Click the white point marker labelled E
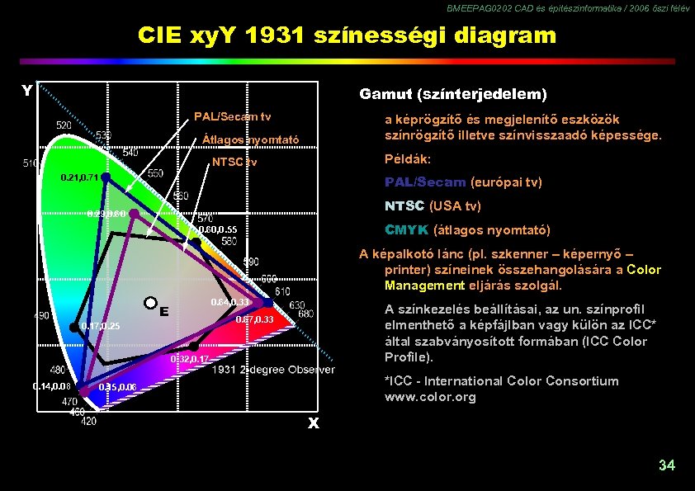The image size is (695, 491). pos(150,303)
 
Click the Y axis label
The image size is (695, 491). pos(27,91)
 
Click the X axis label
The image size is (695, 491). pos(314,423)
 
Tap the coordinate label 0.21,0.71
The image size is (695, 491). pos(81,178)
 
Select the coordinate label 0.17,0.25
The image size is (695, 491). pos(101,327)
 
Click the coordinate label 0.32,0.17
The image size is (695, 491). pos(190,360)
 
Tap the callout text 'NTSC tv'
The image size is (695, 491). pos(234,162)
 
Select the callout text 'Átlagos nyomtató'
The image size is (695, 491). pos(250,139)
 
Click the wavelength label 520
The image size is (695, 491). pos(64,125)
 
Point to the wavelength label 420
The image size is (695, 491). pos(87,421)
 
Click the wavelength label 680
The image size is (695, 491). pos(305,314)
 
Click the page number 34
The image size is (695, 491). pos(666,465)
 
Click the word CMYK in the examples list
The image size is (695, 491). pos(406,230)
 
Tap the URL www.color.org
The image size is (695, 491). pos(430,397)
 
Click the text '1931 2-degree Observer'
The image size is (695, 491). pos(273,370)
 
